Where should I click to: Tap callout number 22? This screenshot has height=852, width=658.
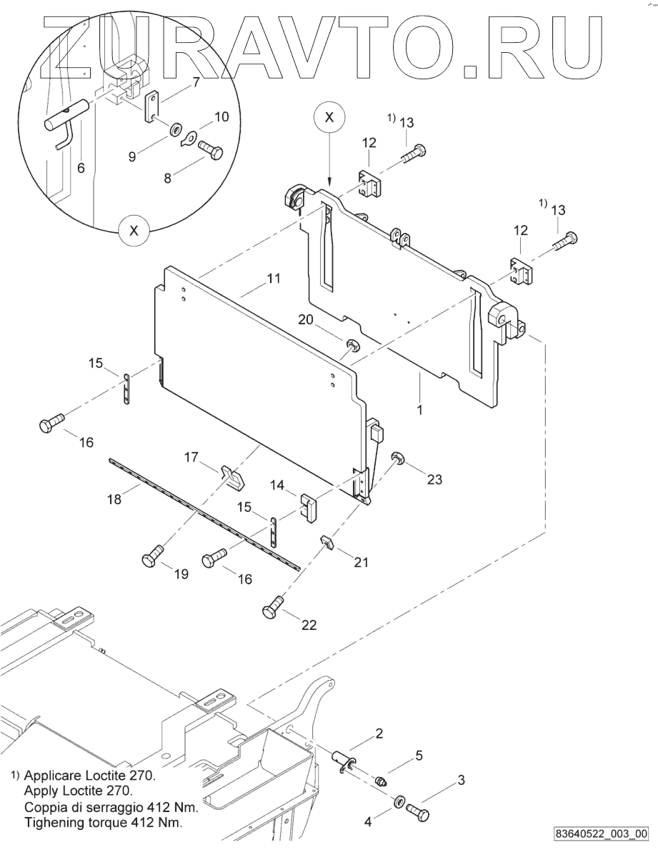309,625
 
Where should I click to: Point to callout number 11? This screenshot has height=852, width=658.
274,279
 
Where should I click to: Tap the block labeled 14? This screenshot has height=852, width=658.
308,507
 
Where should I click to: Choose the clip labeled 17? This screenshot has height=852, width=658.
232,476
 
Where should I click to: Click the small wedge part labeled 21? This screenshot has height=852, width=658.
326,541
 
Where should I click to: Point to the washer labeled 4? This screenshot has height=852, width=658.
398,801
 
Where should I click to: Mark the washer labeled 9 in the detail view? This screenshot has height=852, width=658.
176,131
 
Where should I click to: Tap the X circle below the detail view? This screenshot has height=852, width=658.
134,231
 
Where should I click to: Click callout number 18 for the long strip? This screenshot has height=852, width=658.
114,498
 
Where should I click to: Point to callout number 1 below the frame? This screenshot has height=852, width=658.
419,409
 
